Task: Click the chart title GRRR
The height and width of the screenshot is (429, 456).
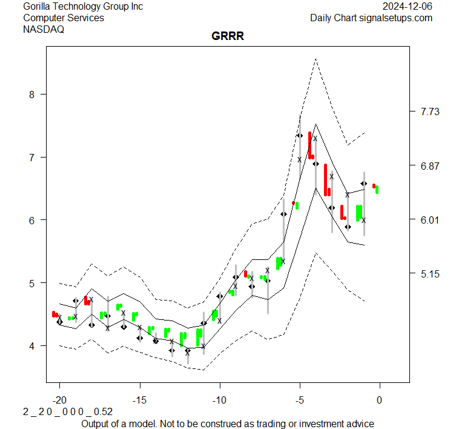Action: point(228,36)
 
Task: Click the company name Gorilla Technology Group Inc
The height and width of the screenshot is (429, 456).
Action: point(83,7)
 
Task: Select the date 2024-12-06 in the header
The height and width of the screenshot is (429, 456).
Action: point(408,7)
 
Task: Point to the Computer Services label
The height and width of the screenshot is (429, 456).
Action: point(64,18)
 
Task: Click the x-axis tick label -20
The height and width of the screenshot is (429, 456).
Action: point(59,400)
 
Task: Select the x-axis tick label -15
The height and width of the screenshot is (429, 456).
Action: point(139,400)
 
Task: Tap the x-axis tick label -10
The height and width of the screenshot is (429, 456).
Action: point(219,400)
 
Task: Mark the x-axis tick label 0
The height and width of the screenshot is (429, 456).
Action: point(380,400)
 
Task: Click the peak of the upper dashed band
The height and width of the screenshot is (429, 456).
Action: point(316,59)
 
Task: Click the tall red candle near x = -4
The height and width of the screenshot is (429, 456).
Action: point(310,145)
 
